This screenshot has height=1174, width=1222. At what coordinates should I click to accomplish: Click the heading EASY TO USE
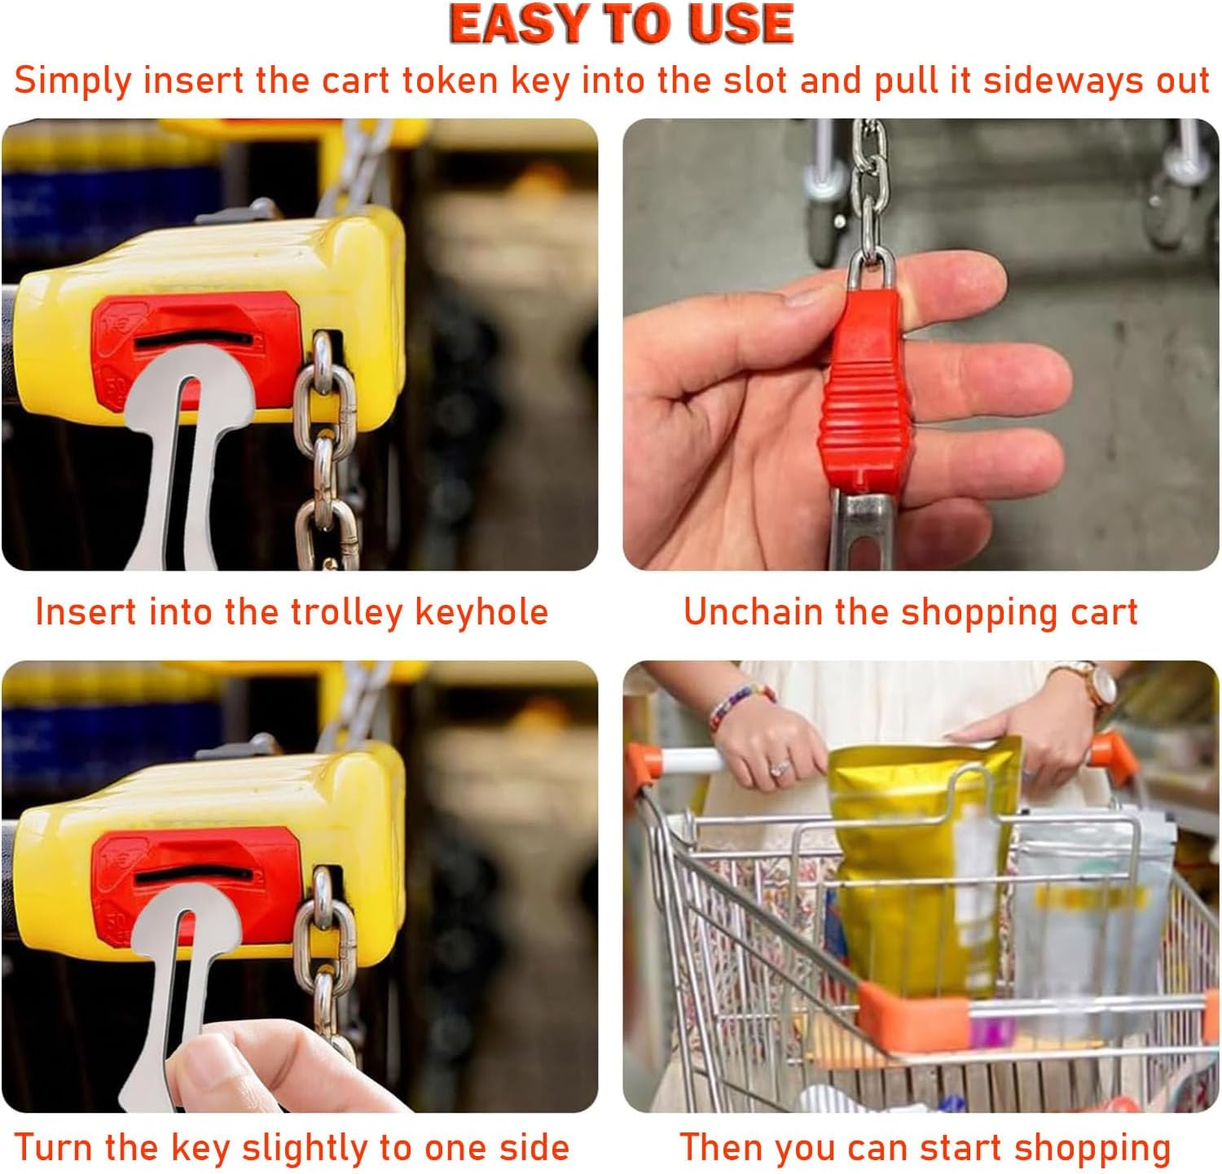point(621,24)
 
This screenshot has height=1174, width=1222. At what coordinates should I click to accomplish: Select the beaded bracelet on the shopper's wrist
point(739,703)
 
